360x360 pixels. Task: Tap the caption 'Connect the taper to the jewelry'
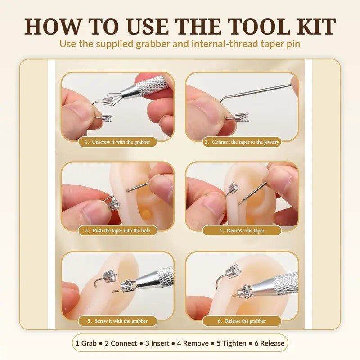[242, 142]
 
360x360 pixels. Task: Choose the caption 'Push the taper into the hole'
[118, 230]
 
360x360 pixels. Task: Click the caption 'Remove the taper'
[242, 230]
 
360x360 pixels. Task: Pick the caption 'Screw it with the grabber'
[118, 321]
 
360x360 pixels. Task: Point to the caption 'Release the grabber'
[242, 321]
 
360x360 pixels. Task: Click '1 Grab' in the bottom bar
[86, 343]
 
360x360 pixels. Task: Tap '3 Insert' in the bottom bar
[157, 343]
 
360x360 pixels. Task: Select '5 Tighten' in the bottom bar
[231, 343]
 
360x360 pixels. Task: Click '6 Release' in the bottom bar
[270, 343]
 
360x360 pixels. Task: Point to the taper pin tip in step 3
[128, 190]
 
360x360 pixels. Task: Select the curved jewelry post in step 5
[96, 282]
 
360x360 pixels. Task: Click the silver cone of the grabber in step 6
[264, 286]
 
